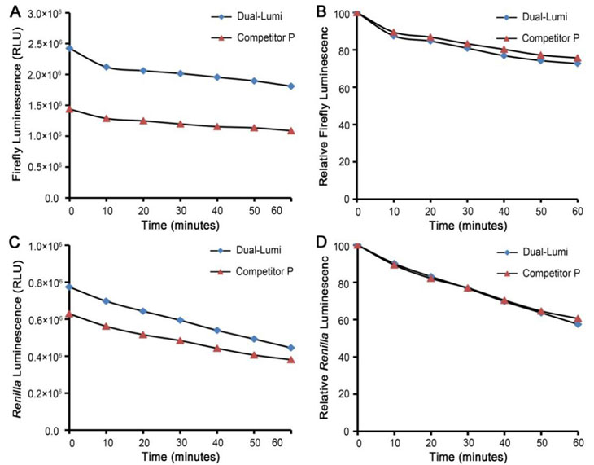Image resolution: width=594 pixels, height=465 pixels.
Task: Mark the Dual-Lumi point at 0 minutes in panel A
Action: point(70,48)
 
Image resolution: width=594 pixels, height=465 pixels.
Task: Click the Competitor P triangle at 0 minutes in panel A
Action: point(70,108)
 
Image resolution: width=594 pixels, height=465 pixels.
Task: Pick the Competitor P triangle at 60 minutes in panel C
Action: point(290,359)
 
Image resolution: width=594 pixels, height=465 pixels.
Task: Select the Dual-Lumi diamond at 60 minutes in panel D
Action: point(577,323)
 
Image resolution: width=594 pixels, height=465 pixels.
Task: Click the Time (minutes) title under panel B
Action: point(467,223)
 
